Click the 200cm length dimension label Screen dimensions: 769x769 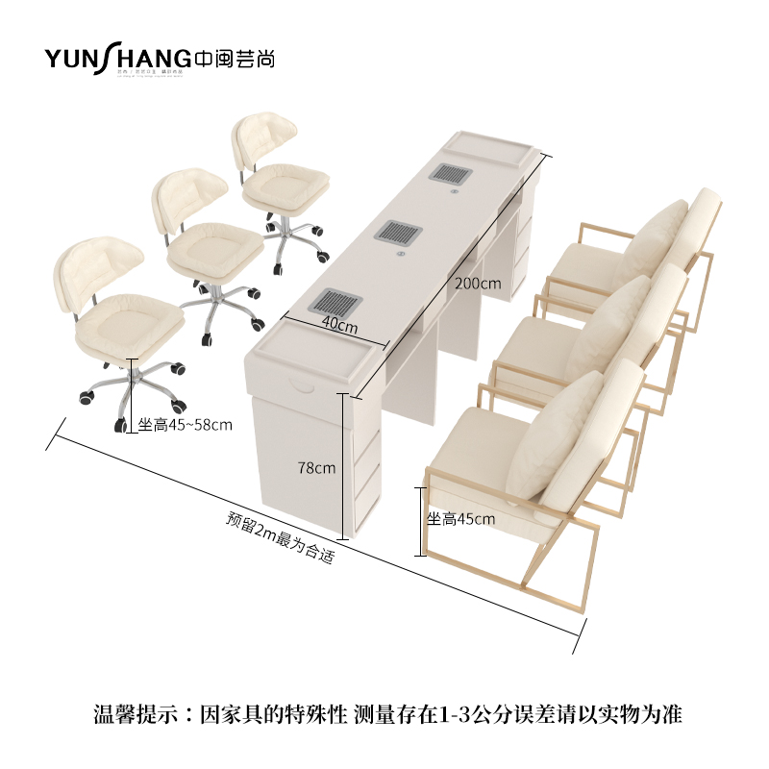[479, 284]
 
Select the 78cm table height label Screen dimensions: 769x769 [316, 468]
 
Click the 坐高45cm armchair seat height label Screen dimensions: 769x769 [460, 519]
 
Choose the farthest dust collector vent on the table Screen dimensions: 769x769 [447, 173]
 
